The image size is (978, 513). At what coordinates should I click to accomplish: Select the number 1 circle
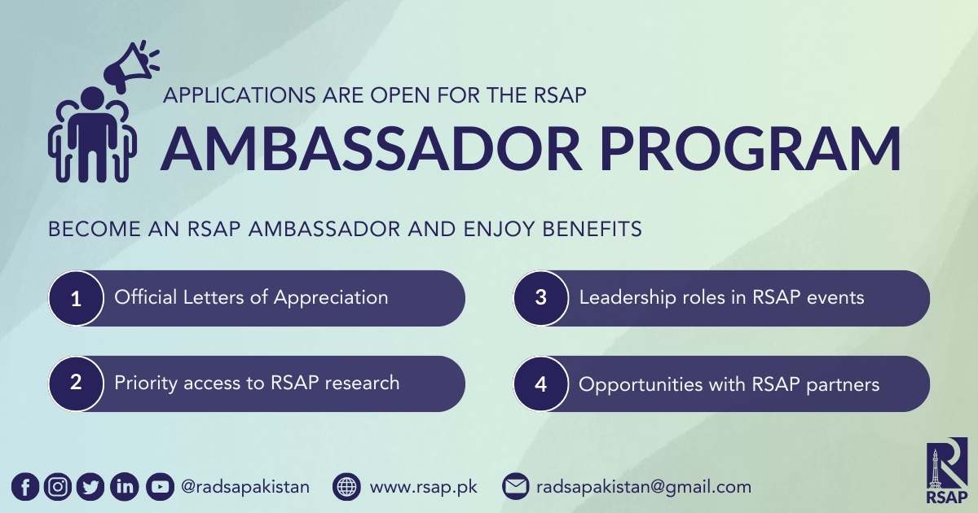click(77, 299)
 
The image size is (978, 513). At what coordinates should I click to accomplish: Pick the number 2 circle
click(77, 384)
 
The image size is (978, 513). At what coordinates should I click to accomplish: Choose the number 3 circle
click(541, 299)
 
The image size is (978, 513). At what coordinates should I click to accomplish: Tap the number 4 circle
click(541, 384)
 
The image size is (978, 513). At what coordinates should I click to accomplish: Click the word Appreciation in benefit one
click(331, 297)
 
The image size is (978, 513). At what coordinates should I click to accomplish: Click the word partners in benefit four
click(846, 384)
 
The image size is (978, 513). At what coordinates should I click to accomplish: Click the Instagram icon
click(58, 488)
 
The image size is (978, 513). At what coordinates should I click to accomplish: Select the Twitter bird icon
click(90, 488)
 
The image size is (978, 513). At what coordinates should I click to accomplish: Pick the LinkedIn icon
click(124, 488)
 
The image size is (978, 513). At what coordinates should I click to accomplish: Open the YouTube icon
click(160, 488)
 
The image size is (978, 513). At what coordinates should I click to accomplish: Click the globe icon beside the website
click(347, 488)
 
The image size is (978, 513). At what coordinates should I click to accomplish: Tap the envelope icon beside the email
click(515, 488)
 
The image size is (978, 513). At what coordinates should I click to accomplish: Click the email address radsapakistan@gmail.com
click(643, 488)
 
